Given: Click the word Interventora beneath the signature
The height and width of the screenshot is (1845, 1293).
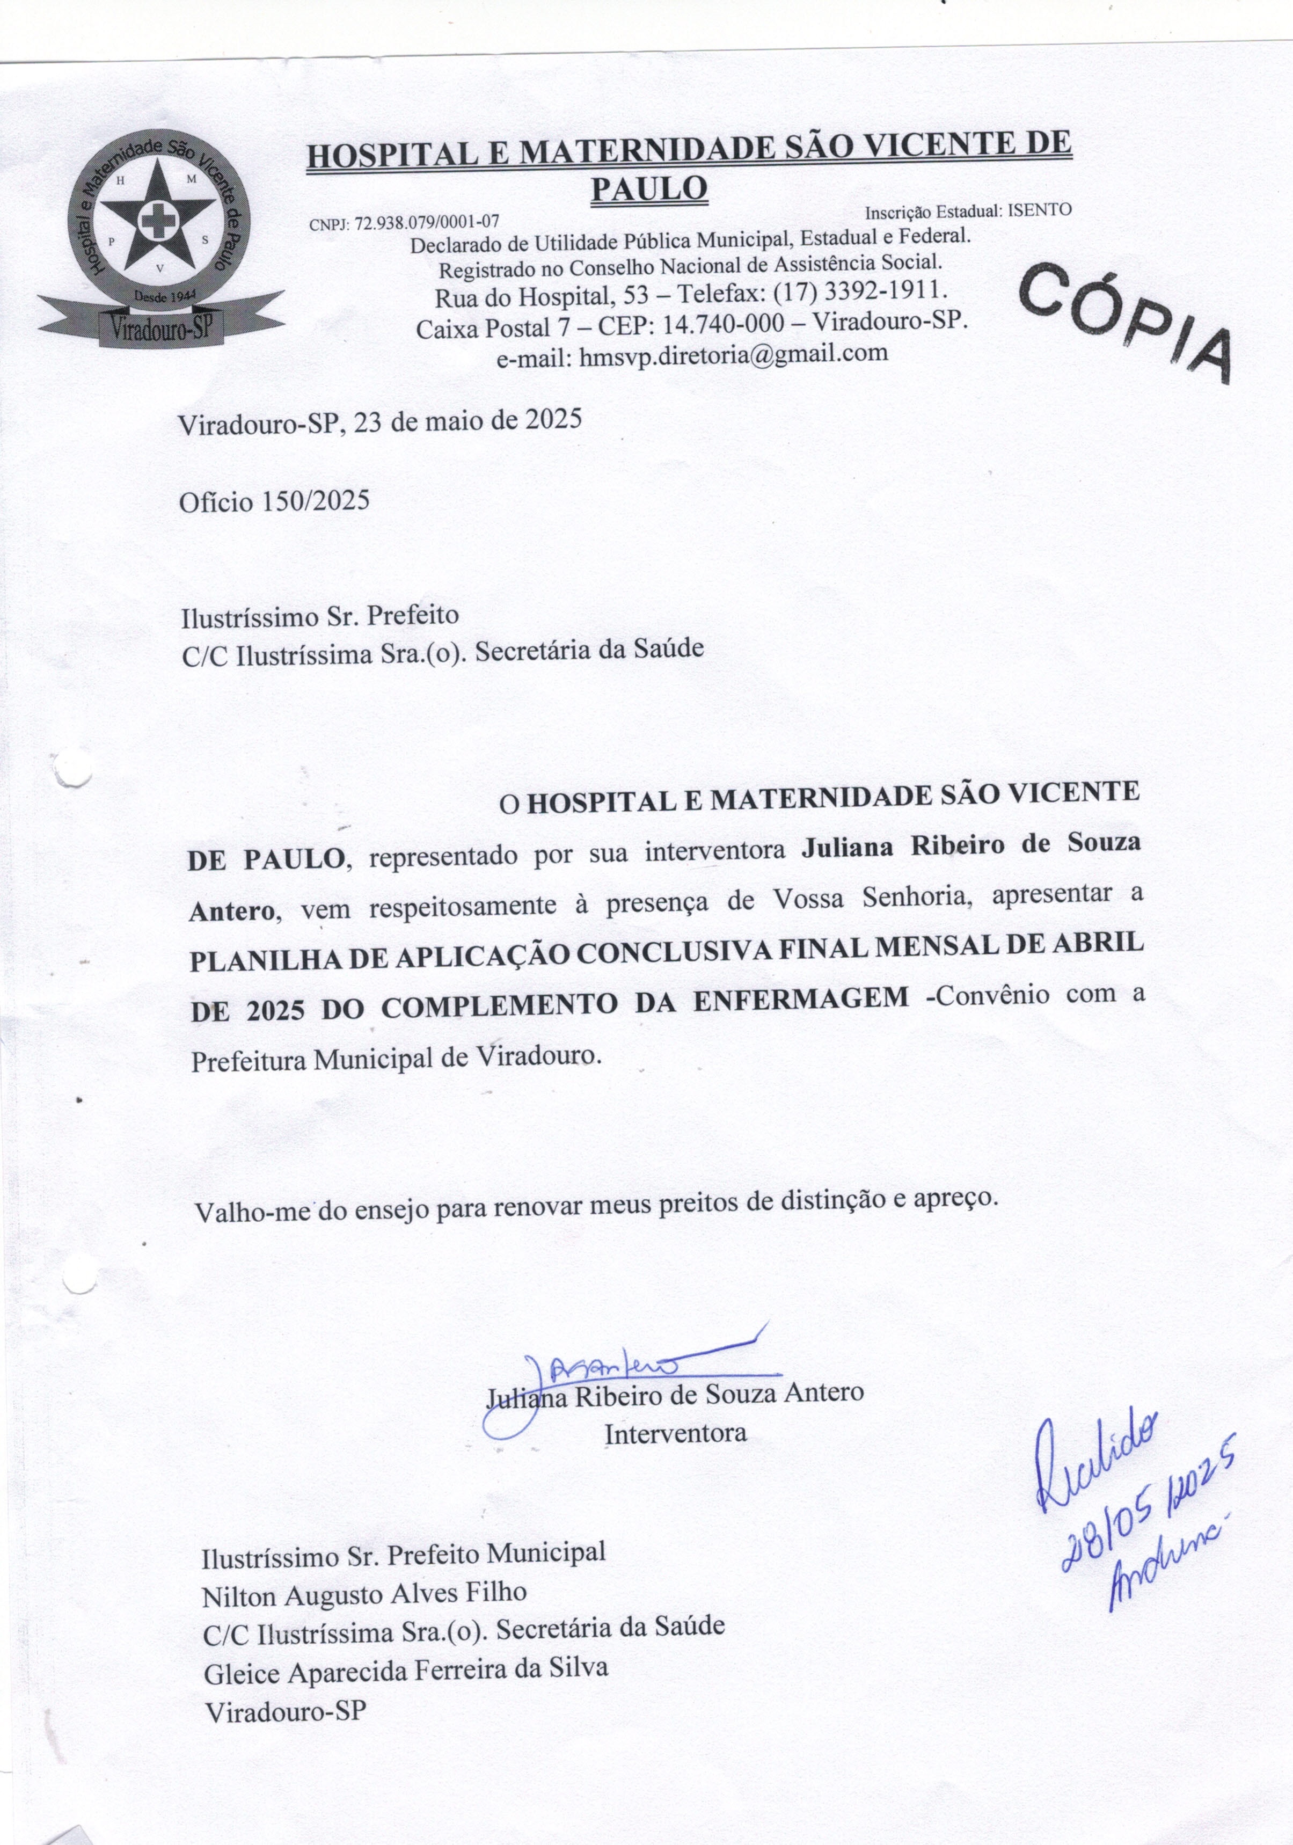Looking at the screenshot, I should [x=675, y=1433].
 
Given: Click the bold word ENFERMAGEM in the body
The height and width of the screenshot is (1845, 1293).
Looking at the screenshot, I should [x=800, y=1000].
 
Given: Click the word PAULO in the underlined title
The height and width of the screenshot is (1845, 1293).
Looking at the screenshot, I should [x=649, y=188].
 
